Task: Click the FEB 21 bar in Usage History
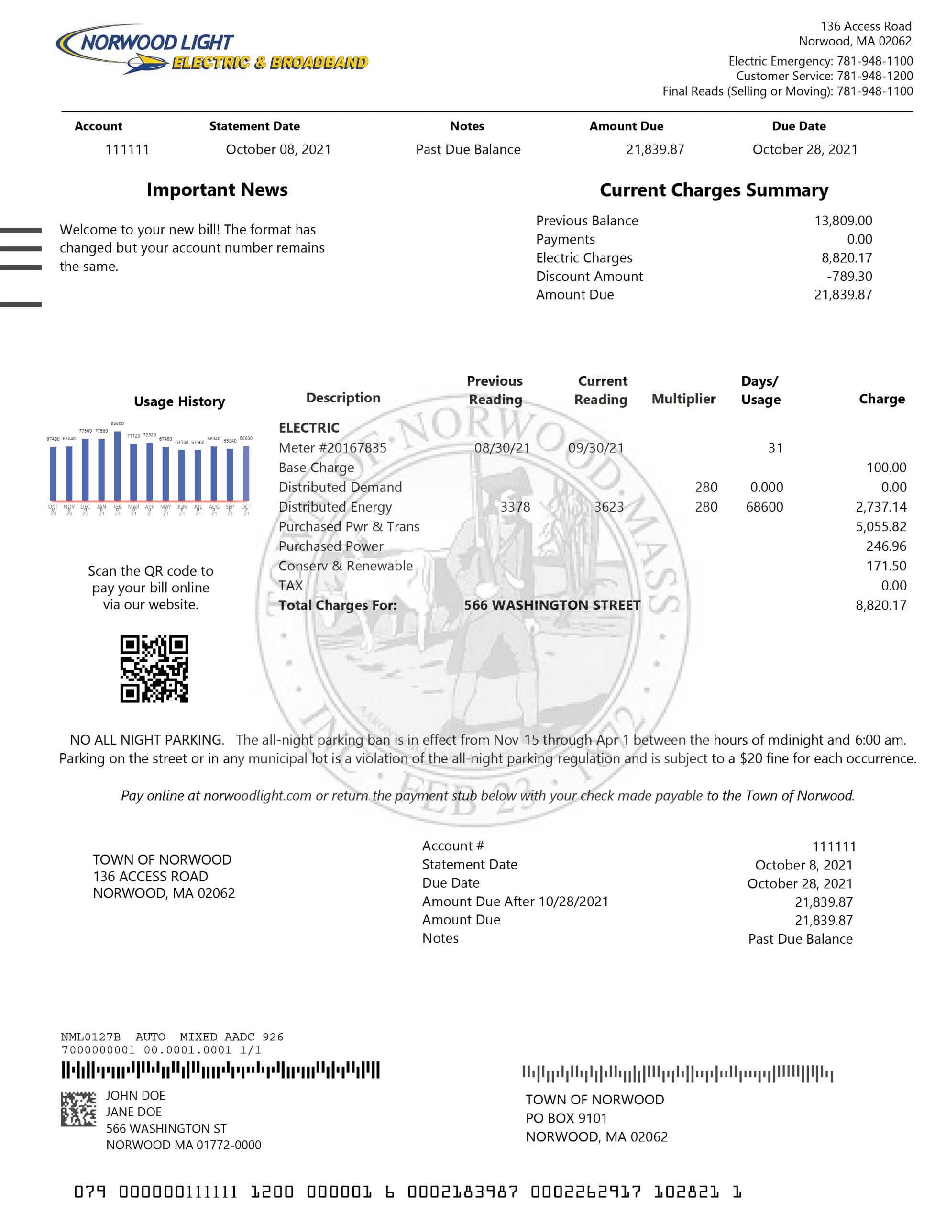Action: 117,466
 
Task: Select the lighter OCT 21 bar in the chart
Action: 246,473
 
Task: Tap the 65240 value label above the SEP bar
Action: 230,441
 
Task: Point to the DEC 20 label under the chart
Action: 85,510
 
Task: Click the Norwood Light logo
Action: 211,50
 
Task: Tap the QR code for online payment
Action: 154,668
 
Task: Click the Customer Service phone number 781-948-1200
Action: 875,76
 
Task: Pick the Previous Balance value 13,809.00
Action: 843,221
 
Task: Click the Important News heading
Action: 217,190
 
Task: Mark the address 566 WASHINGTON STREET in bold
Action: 552,606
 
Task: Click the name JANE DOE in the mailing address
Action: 133,1112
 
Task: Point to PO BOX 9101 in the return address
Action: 566,1118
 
